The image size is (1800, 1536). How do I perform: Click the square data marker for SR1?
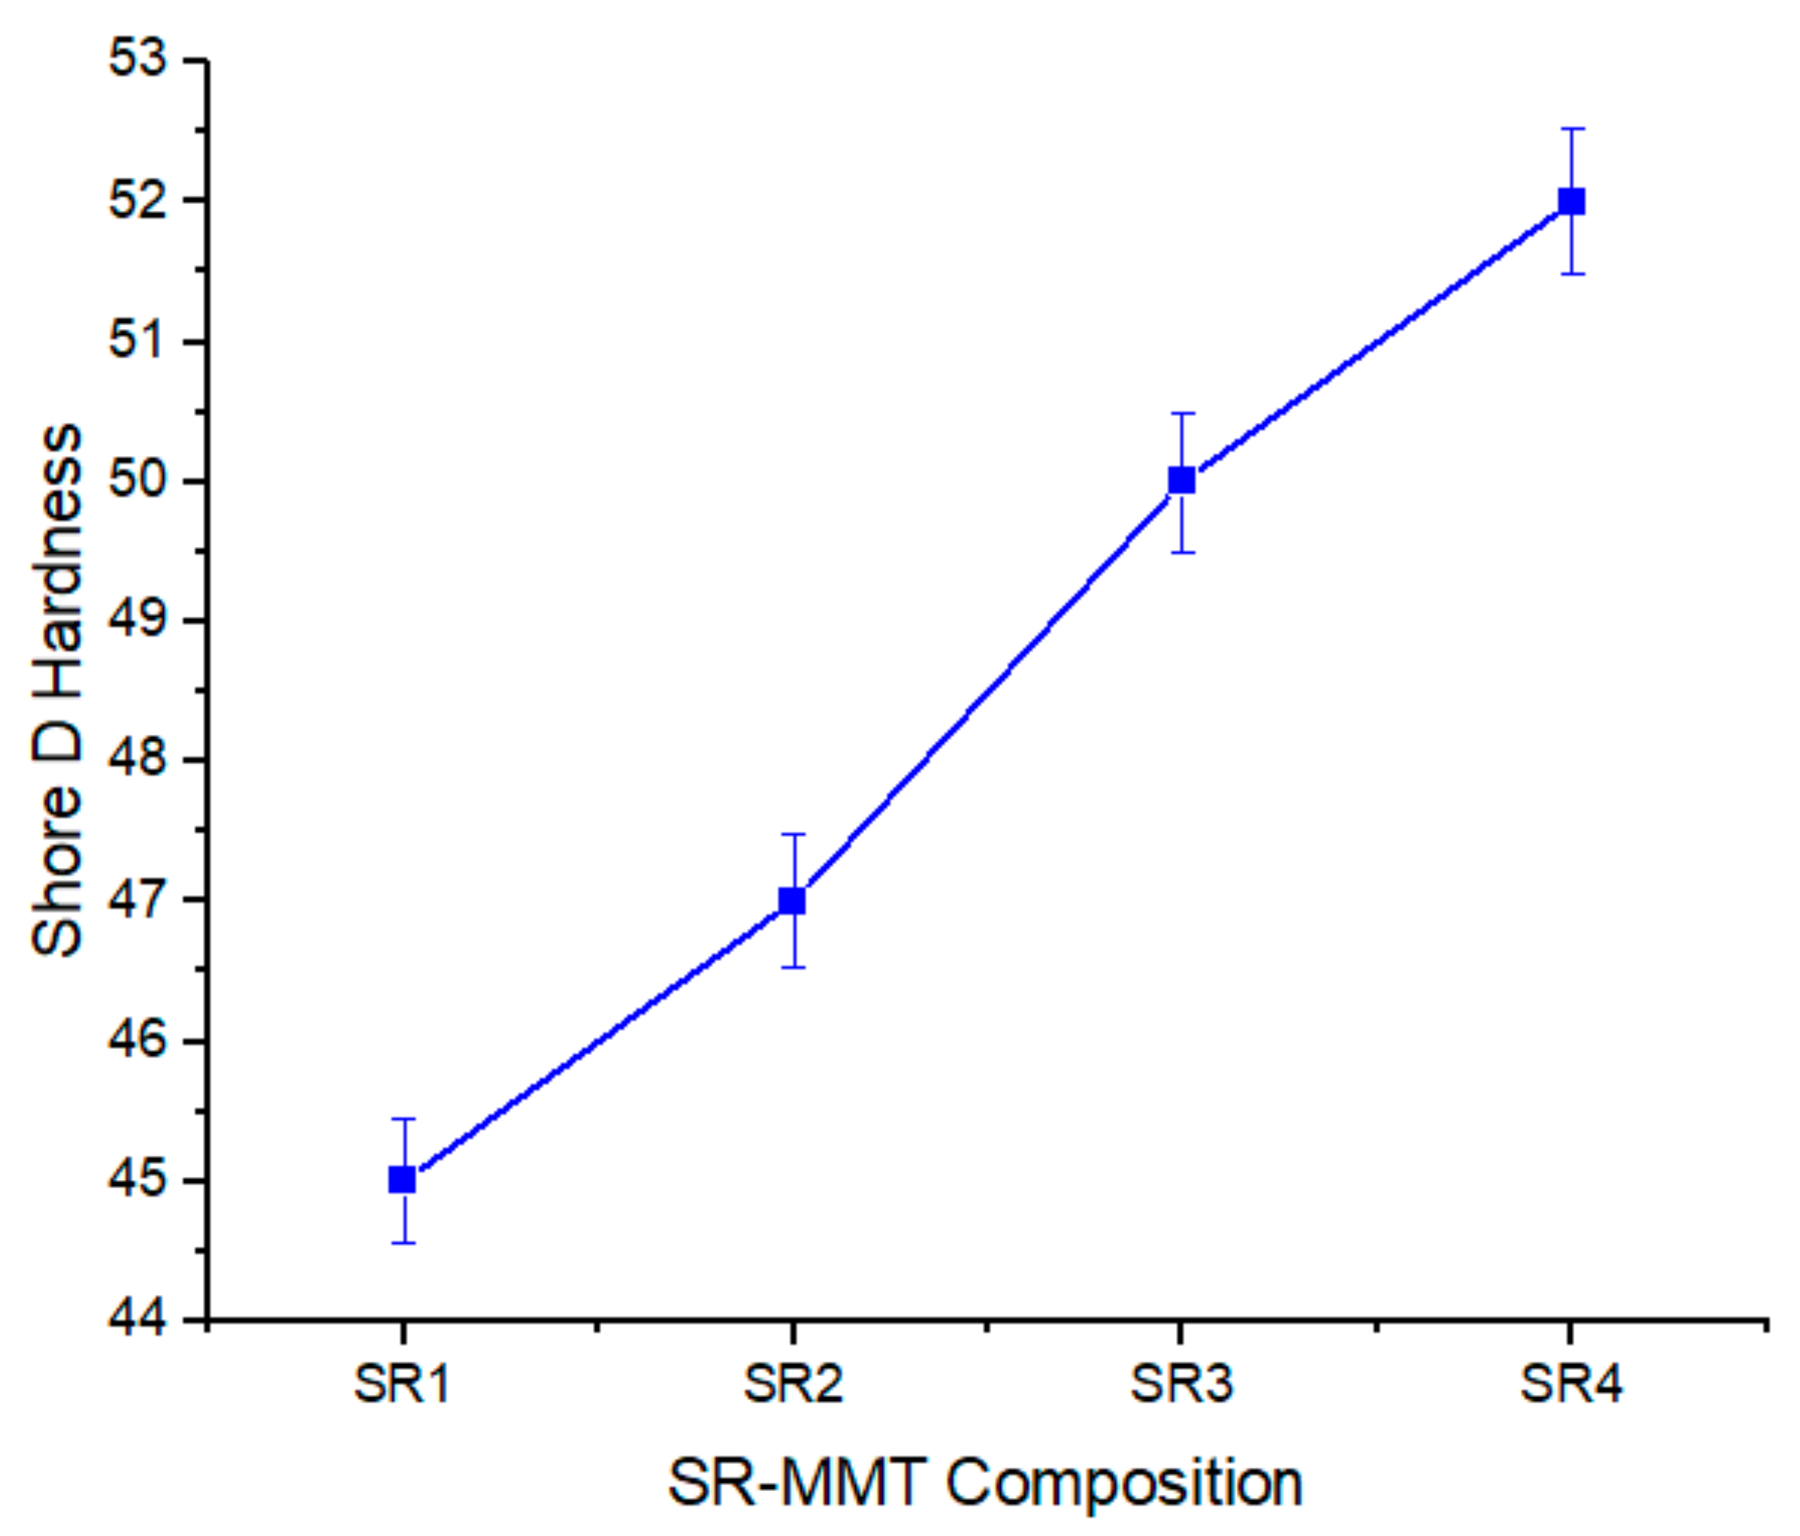point(401,1180)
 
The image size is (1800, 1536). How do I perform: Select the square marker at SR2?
point(791,901)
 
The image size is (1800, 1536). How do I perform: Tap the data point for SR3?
point(1182,479)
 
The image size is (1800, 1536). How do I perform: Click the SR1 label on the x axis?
point(401,1384)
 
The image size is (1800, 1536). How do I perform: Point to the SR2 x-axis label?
point(792,1384)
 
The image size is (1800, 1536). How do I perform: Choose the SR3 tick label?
point(1182,1384)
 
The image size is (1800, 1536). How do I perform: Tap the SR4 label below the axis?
point(1570,1384)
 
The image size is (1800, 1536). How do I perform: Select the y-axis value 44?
point(137,1320)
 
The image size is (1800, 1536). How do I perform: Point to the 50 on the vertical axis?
point(137,480)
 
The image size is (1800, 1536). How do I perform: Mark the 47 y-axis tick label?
point(137,900)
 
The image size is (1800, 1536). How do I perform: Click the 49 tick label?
point(137,621)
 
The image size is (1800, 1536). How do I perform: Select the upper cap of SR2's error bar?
point(791,834)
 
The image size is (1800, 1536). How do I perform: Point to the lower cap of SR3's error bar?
point(1182,552)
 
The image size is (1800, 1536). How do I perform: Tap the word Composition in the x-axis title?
point(1124,1482)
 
